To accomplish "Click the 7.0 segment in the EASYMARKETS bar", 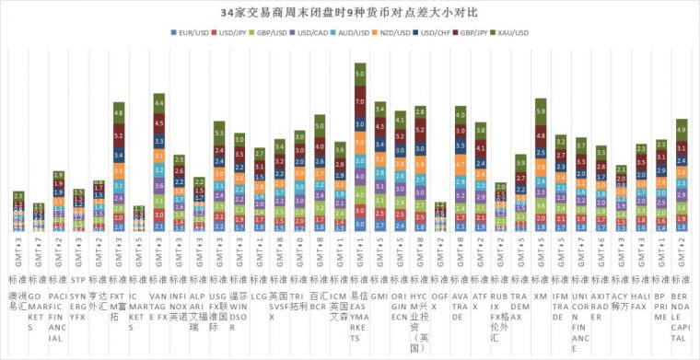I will tap(360, 95).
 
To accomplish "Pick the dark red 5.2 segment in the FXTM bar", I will tap(119, 135).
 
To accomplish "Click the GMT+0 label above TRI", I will tap(298, 251).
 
